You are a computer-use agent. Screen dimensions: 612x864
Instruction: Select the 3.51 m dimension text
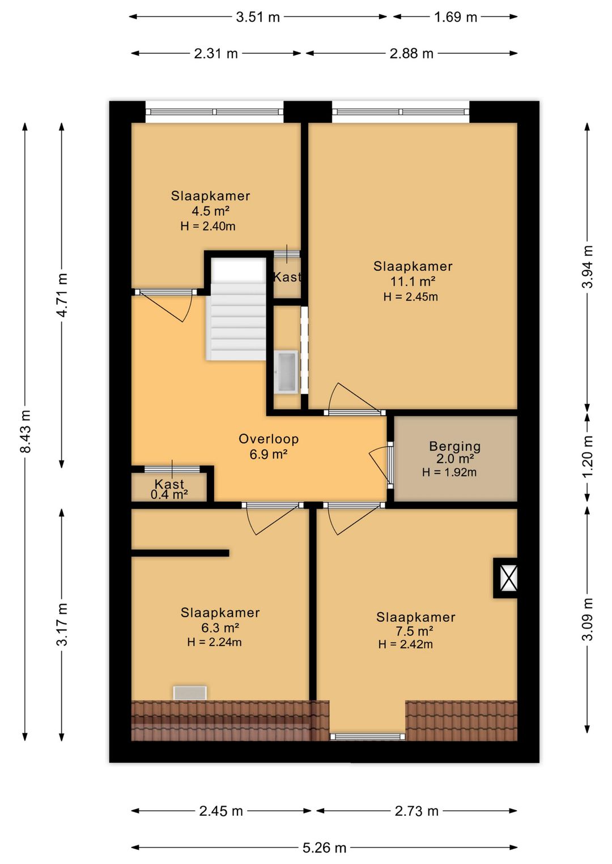257,17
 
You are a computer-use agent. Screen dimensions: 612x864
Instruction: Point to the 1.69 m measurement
456,17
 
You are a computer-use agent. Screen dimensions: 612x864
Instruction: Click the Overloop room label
269,439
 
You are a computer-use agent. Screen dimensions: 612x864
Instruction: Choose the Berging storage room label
455,447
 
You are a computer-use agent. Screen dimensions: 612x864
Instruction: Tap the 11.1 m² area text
413,281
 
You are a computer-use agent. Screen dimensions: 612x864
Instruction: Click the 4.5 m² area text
211,211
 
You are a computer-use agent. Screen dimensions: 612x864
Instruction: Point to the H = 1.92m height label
449,472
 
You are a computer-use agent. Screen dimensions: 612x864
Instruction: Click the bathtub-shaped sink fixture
286,372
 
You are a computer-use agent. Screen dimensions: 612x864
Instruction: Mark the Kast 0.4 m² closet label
169,489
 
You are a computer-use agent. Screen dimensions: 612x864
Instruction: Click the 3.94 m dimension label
587,267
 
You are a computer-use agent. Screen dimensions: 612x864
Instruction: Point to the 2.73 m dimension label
416,811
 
